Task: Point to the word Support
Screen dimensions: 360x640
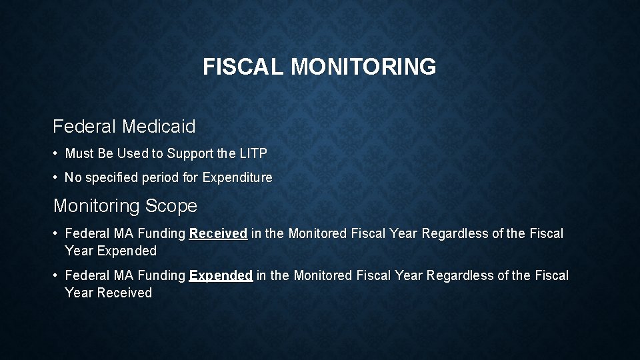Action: tap(190, 154)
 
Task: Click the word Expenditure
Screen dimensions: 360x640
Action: tap(237, 178)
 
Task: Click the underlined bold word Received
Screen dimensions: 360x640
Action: tap(219, 234)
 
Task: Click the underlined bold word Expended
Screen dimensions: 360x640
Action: tap(221, 275)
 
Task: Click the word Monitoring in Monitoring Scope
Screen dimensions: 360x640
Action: tap(96, 206)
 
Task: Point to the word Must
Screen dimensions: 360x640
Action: tap(79, 154)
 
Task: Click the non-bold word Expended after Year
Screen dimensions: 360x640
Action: tap(127, 251)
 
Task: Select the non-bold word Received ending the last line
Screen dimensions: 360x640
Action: tap(125, 293)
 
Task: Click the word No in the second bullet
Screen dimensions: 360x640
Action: tap(72, 178)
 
